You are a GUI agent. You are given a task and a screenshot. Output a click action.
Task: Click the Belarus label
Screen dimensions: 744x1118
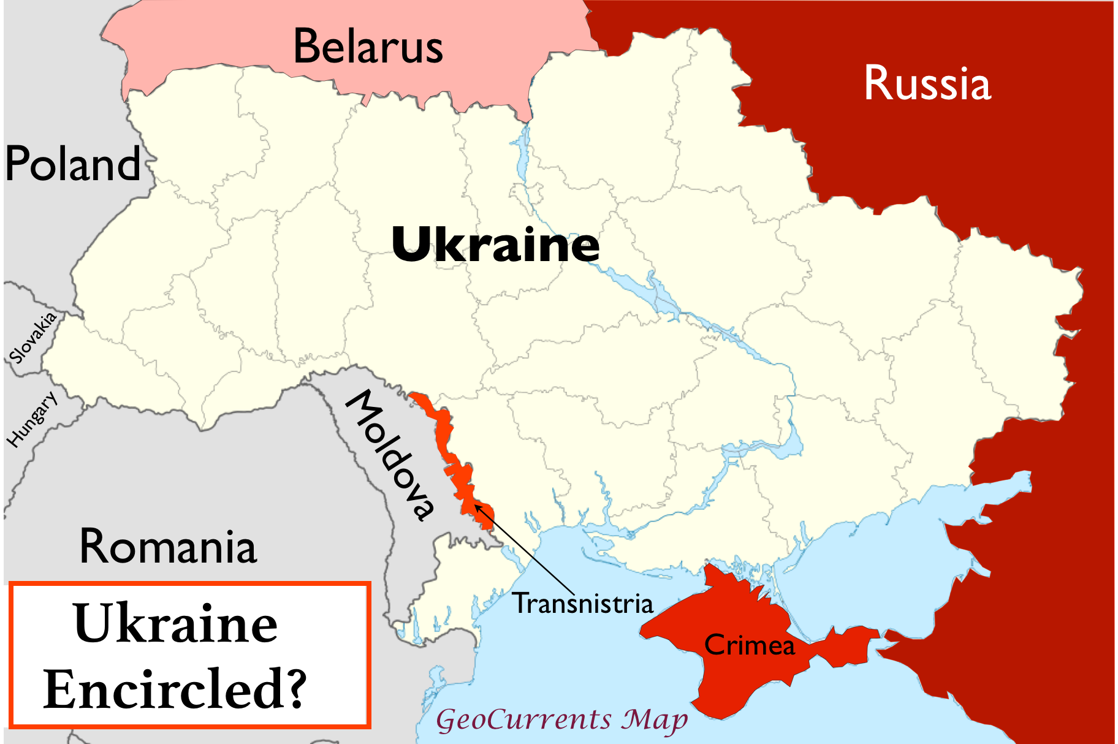click(368, 47)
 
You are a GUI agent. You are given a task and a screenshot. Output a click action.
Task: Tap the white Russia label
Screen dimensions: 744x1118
click(927, 84)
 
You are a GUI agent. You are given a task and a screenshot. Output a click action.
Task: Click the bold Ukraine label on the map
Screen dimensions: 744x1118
click(495, 245)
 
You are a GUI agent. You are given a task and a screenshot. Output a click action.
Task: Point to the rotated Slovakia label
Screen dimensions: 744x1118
click(33, 338)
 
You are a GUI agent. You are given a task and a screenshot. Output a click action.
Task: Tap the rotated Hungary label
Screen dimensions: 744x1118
click(32, 419)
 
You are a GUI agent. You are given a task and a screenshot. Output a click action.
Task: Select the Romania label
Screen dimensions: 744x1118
click(168, 547)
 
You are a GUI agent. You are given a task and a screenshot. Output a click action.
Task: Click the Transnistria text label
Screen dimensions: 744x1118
click(583, 604)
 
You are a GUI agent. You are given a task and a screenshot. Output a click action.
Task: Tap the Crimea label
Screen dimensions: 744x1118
click(749, 645)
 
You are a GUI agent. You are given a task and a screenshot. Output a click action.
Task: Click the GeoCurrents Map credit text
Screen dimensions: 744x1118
click(561, 719)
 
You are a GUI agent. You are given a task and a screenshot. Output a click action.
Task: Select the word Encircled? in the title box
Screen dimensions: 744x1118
click(175, 689)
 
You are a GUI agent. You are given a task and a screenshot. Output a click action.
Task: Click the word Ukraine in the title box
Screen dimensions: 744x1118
click(175, 624)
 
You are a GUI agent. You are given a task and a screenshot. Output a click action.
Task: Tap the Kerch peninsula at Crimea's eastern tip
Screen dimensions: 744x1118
click(849, 645)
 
